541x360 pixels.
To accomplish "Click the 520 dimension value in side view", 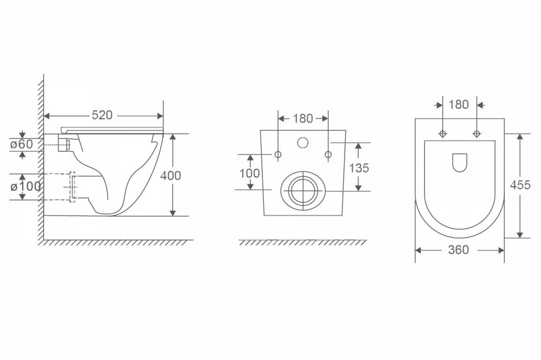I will click(x=102, y=115).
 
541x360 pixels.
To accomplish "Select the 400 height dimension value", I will click(x=171, y=176).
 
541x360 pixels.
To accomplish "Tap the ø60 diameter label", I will click(x=22, y=144).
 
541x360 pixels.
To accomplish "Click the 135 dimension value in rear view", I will click(x=359, y=168).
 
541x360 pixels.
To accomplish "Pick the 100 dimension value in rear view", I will click(x=250, y=174).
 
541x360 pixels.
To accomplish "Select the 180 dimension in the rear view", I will click(x=303, y=118).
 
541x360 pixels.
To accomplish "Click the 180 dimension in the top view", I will click(x=459, y=104).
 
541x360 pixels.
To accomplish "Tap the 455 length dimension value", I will click(x=520, y=185).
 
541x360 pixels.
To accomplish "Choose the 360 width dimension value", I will click(x=459, y=250).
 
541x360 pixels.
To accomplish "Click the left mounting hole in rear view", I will click(x=278, y=155).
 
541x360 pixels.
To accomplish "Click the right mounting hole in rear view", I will click(x=328, y=155).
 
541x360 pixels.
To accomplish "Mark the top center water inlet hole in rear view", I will click(x=303, y=143).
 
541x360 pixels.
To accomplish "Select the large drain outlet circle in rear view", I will click(x=303, y=190).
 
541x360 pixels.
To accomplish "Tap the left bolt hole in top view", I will click(x=443, y=134).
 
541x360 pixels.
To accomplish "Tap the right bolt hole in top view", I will click(x=477, y=134).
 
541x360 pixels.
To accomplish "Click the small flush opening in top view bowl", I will click(x=459, y=162).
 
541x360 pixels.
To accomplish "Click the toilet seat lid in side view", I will click(x=113, y=129).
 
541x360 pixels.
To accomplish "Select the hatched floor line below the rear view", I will click(x=303, y=242).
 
